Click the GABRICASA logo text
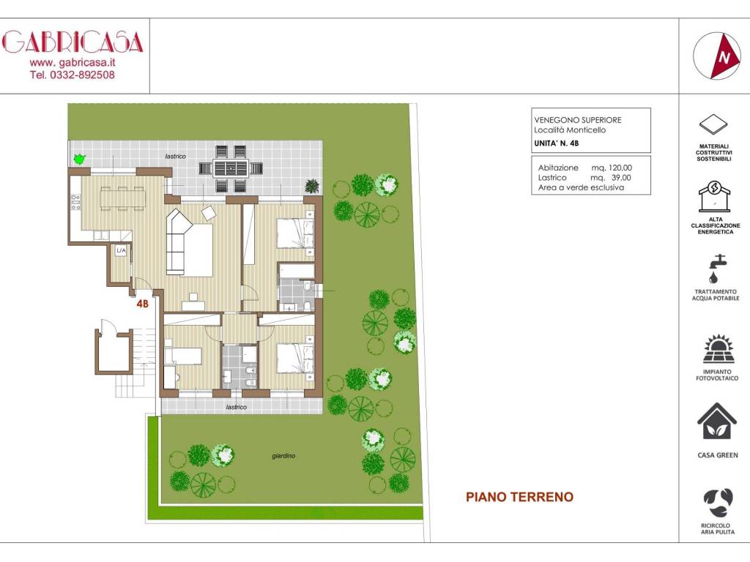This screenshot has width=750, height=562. pos(73,42)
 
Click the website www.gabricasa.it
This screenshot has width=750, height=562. pos(73,63)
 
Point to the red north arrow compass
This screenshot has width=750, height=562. pos(716,56)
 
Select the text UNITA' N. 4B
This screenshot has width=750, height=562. pos(557,143)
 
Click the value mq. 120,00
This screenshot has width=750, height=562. pos(612,168)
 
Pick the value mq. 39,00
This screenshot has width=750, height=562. pos(611,178)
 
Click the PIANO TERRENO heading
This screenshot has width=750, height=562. pos(519,497)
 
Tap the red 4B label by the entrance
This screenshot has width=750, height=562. pos(142,304)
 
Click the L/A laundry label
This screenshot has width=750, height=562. pos(121,250)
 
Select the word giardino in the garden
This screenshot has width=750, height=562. pos(283,456)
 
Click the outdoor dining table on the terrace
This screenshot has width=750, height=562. pos(231,169)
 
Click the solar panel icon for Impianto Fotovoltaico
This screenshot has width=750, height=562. pos(719,350)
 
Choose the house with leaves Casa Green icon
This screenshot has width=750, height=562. pos(717,422)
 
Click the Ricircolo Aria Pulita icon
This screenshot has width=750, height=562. pos(718,503)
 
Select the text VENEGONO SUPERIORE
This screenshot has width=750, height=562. pos(578,120)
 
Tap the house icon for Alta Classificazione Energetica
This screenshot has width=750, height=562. pos(715,196)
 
